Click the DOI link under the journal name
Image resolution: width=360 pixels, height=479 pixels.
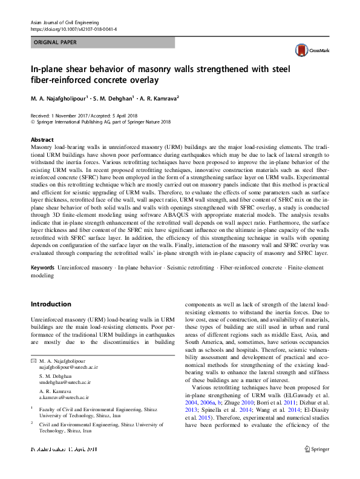74,28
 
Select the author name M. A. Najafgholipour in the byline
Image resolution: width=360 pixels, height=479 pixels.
58,97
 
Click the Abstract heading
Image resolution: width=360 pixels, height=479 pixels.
42,139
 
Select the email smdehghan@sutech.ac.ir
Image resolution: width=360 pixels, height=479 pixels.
65,382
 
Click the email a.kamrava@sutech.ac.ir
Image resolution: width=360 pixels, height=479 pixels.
64,397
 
